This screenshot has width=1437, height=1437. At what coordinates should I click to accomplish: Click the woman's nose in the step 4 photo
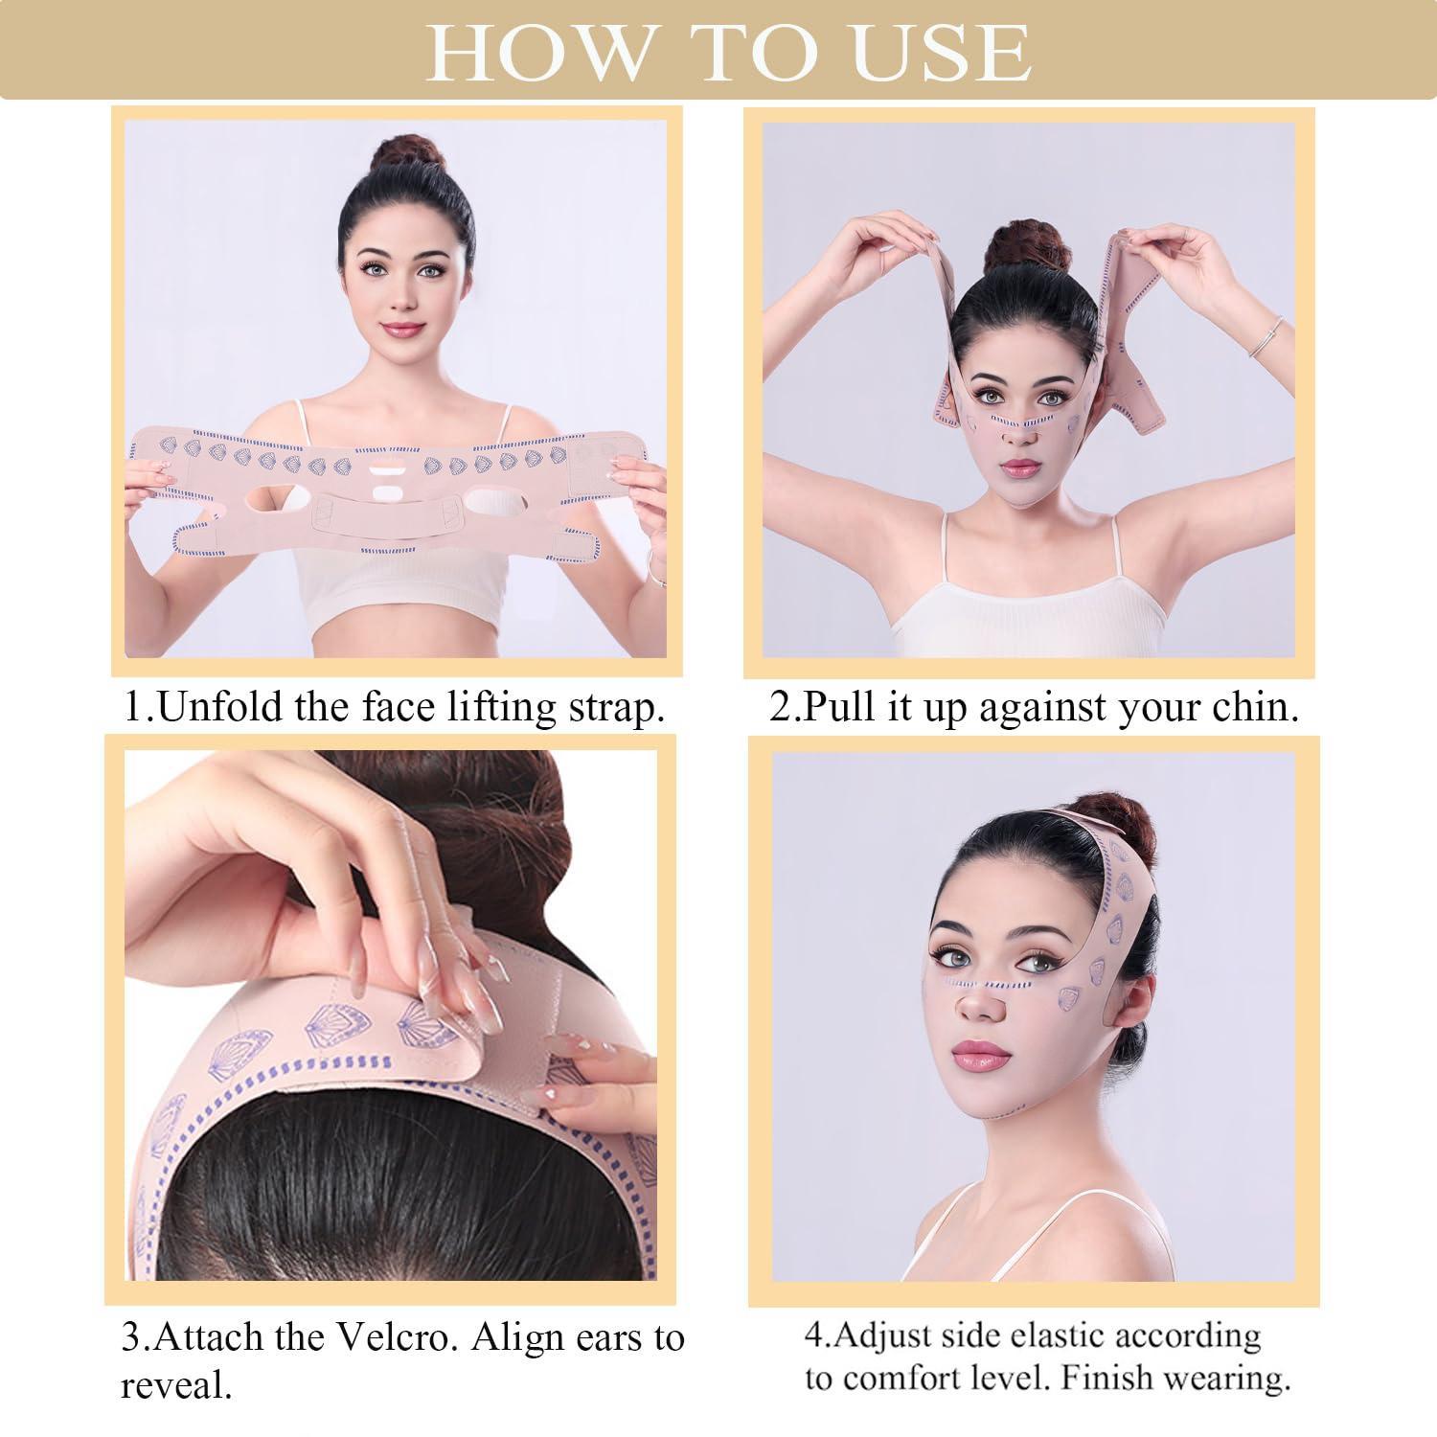tap(978, 1002)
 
